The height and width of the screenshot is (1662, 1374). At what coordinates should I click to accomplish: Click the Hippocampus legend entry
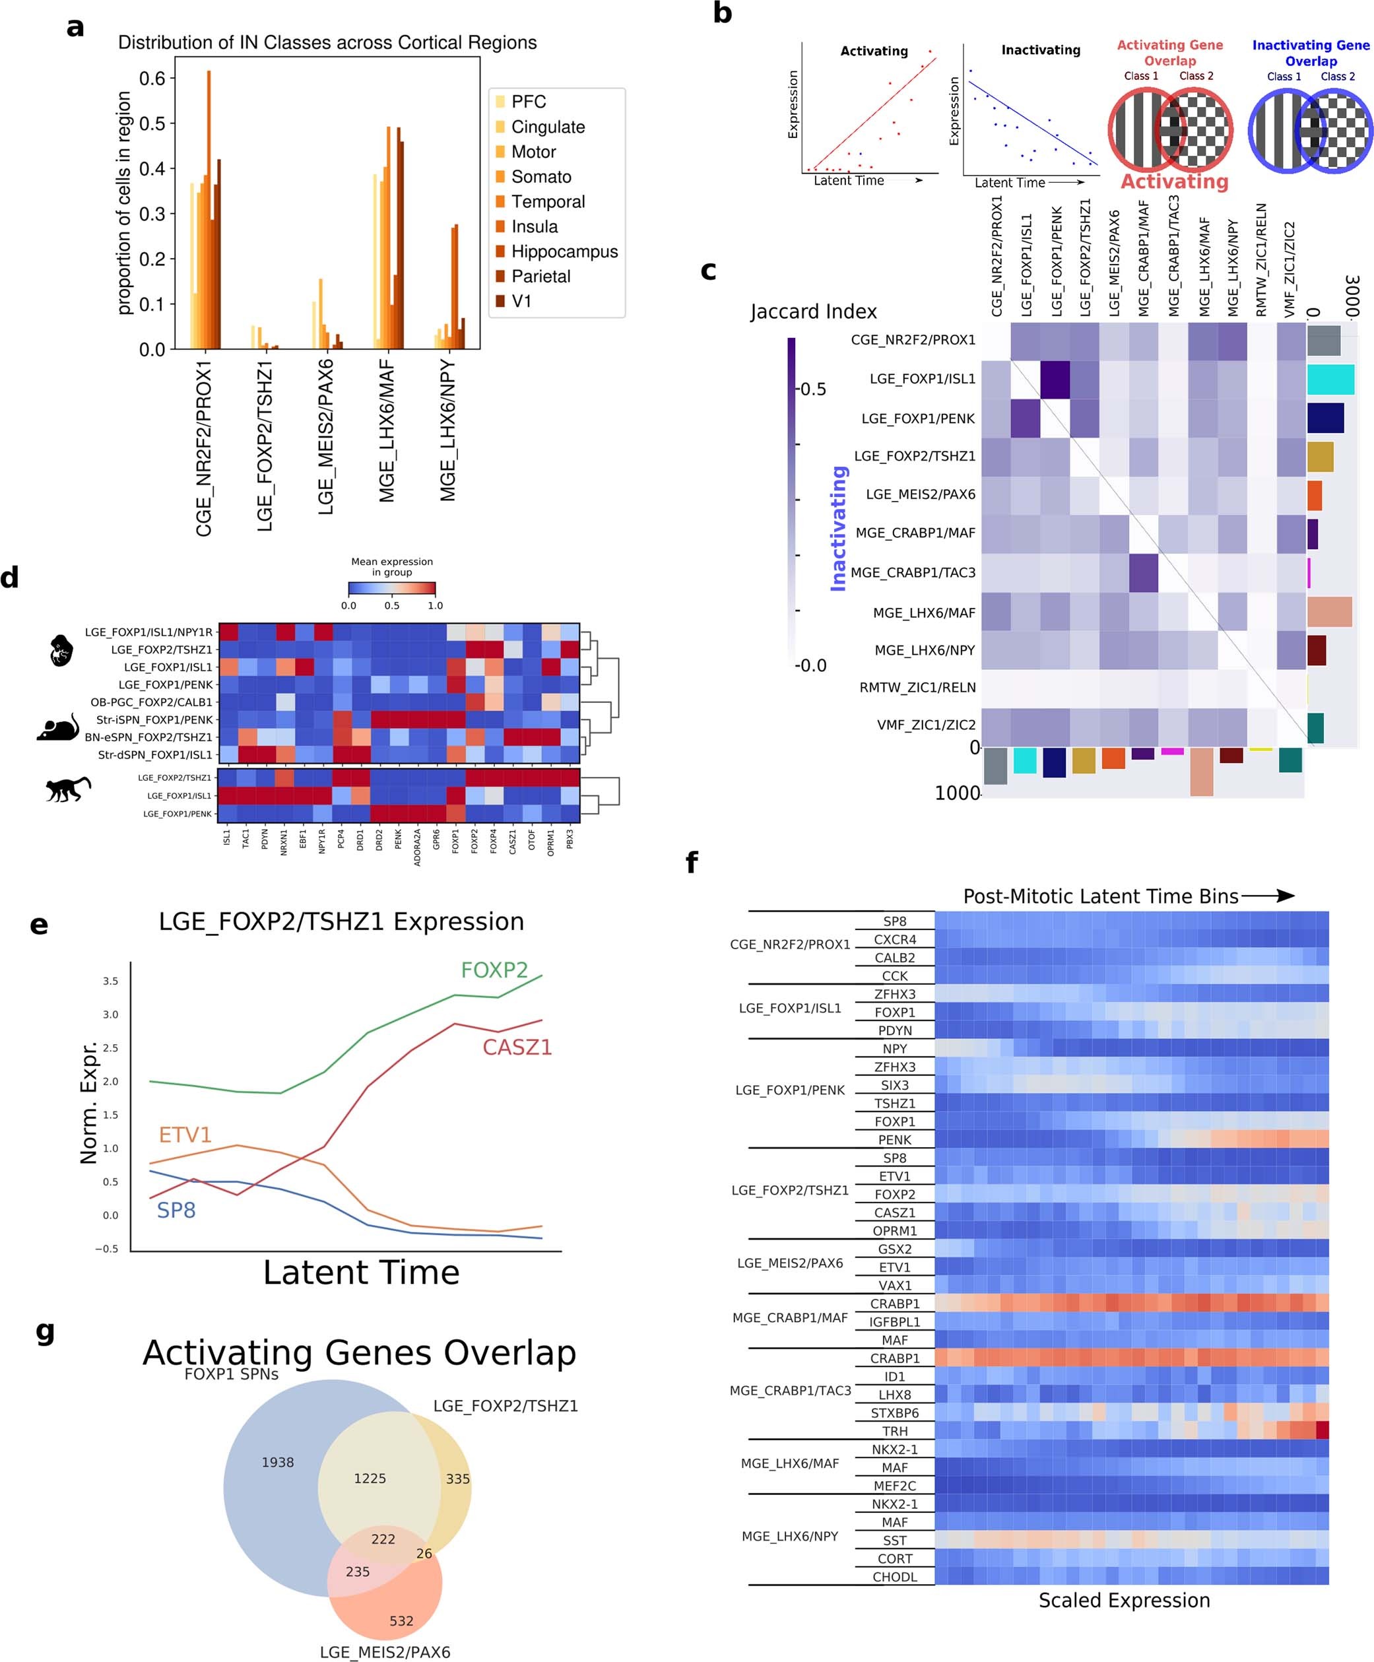tap(564, 251)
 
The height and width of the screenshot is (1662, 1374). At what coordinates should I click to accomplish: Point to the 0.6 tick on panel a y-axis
tap(152, 79)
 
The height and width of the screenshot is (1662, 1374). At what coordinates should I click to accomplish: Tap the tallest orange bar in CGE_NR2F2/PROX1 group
tap(209, 210)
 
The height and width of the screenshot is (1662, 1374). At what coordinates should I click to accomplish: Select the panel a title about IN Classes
tap(327, 43)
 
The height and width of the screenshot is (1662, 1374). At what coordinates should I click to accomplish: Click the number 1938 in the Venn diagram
tap(278, 1463)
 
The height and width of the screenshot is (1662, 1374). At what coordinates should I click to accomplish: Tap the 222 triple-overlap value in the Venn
tap(383, 1539)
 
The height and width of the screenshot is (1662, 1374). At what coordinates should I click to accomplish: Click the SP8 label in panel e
tap(176, 1210)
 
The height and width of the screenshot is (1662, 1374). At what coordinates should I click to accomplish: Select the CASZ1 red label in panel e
tap(517, 1048)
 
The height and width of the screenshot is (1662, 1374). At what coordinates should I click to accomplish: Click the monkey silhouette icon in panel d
tap(67, 789)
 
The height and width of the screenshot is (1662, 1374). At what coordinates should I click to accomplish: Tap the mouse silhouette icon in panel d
tap(59, 727)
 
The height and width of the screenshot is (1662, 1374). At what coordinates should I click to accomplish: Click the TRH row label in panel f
tap(894, 1431)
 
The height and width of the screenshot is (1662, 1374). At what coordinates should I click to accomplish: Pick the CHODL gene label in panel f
tap(894, 1577)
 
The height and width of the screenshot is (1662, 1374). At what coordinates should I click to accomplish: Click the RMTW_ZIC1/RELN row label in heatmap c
tap(917, 687)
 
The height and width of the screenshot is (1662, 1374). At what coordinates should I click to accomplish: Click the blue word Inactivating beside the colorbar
tap(838, 528)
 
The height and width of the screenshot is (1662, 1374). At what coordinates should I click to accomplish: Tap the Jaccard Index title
tap(813, 312)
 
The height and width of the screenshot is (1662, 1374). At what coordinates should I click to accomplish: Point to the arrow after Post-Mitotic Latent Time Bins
tap(1268, 896)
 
